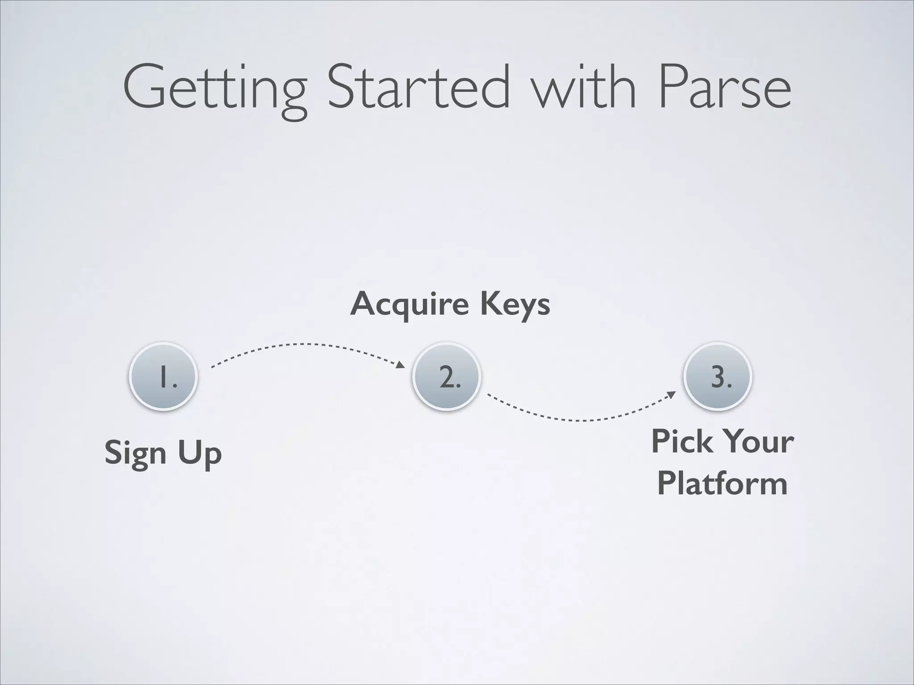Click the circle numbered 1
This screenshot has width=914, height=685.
pyautogui.click(x=163, y=377)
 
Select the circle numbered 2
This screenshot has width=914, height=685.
pyautogui.click(x=447, y=377)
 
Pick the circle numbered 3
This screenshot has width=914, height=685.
pyautogui.click(x=718, y=377)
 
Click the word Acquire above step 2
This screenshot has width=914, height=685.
pyautogui.click(x=409, y=305)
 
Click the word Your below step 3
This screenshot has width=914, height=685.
pyautogui.click(x=759, y=442)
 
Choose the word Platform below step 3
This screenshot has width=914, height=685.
pyautogui.click(x=722, y=483)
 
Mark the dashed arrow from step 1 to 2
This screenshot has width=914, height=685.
pyautogui.click(x=303, y=344)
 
